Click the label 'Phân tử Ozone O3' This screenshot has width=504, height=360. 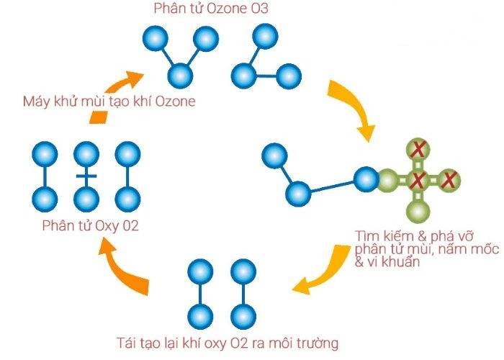(x=211, y=9)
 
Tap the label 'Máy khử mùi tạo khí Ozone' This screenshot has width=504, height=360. (x=109, y=102)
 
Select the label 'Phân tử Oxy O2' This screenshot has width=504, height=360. (x=90, y=225)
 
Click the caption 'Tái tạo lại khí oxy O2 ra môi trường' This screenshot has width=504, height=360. (x=228, y=343)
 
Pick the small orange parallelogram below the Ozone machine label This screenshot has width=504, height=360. (x=99, y=117)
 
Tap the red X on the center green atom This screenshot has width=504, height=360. (x=418, y=180)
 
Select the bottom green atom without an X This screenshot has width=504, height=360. (x=418, y=212)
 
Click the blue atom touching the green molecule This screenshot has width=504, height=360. (x=366, y=179)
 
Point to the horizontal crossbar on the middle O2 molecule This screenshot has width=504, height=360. (x=86, y=176)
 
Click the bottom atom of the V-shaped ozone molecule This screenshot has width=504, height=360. (x=180, y=76)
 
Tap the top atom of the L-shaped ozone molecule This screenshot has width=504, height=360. (x=265, y=36)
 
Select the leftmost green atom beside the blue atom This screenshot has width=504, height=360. (x=388, y=180)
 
